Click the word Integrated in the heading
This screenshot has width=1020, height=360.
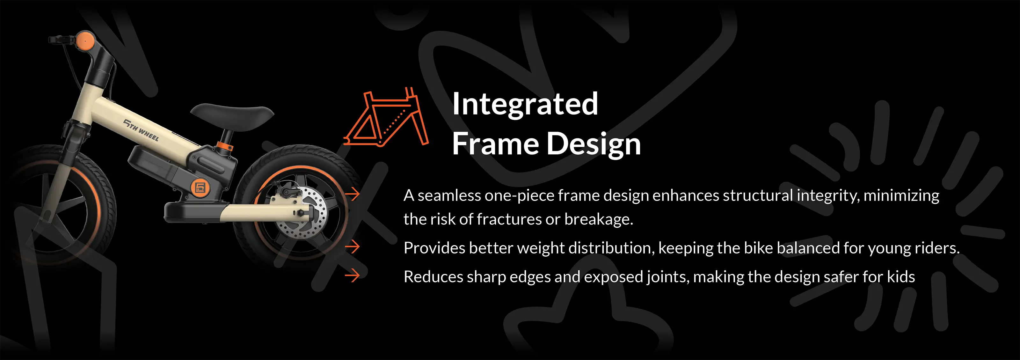[525, 104]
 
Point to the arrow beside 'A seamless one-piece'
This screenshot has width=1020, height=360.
[352, 195]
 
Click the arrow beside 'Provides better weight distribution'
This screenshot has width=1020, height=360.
[352, 247]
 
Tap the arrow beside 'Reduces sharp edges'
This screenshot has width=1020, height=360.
[352, 276]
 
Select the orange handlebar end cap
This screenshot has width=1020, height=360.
[85, 41]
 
